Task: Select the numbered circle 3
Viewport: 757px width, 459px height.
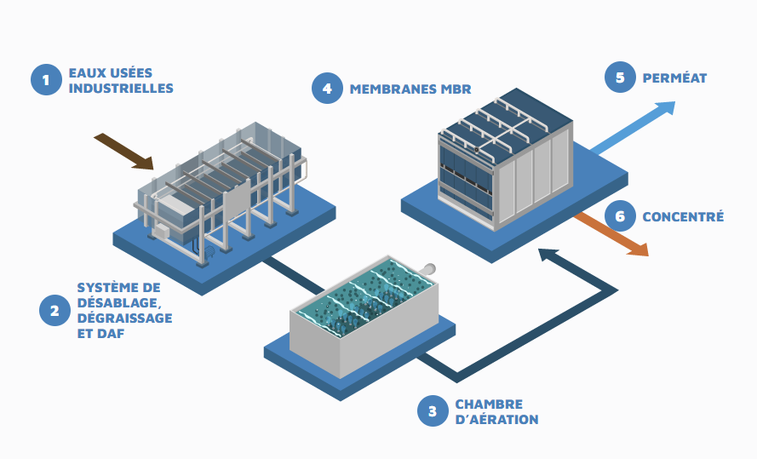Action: (x=433, y=411)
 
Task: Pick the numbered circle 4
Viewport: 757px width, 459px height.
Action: (x=327, y=88)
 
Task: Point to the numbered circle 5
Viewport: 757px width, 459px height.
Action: (x=620, y=77)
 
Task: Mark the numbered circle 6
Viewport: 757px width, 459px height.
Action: (x=620, y=216)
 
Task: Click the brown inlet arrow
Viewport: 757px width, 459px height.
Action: (x=124, y=151)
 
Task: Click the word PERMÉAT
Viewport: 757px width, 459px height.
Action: (x=674, y=78)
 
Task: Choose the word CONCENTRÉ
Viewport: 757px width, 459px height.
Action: (x=683, y=217)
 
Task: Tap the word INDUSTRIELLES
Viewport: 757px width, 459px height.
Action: (x=120, y=88)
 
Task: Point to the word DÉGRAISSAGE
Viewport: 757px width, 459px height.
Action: (x=124, y=318)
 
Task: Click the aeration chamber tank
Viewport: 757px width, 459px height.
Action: (x=367, y=315)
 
